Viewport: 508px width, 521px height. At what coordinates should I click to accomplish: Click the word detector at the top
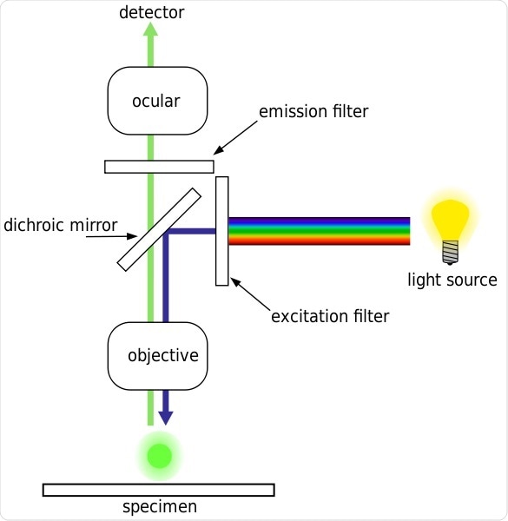click(x=152, y=12)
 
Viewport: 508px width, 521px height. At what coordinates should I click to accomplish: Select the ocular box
click(x=157, y=101)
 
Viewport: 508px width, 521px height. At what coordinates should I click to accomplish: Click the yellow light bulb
click(x=451, y=221)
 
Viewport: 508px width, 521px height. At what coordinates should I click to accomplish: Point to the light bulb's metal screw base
click(x=451, y=253)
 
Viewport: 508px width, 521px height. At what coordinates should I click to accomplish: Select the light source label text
click(x=452, y=280)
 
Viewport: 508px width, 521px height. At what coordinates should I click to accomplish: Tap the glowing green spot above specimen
click(x=160, y=455)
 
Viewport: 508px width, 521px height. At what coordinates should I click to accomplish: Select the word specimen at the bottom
click(x=158, y=507)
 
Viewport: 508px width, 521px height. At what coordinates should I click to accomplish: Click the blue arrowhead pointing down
click(x=165, y=418)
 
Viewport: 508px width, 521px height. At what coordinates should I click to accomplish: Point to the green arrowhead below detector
click(x=151, y=30)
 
